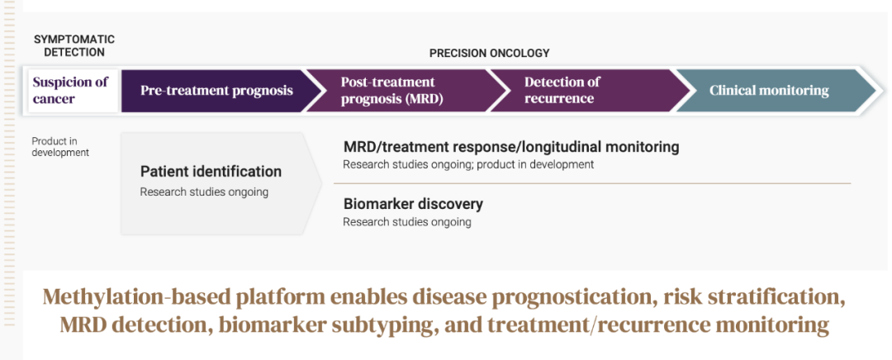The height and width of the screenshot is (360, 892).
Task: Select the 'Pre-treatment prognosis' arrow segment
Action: [x=218, y=91]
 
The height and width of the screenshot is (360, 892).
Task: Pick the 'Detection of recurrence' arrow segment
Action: [x=586, y=91]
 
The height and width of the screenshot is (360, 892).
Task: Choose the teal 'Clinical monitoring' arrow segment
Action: [x=775, y=91]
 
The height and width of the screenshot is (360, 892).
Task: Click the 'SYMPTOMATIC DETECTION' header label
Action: [x=74, y=45]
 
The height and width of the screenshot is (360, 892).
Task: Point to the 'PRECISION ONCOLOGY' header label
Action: [x=489, y=54]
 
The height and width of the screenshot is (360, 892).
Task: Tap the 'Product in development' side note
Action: [x=60, y=147]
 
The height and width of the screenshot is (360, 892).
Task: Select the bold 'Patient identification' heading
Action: [x=211, y=171]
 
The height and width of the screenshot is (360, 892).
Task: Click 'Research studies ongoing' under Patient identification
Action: [x=204, y=192]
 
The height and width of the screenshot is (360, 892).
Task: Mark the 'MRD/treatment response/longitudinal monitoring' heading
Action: [x=511, y=147]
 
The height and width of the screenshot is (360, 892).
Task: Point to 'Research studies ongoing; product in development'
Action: [x=468, y=164]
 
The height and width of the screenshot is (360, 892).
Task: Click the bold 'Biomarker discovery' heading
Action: [x=413, y=204]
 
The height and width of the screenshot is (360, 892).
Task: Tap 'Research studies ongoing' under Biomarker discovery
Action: [x=406, y=222]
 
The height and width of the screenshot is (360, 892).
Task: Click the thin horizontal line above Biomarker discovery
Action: [x=592, y=183]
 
